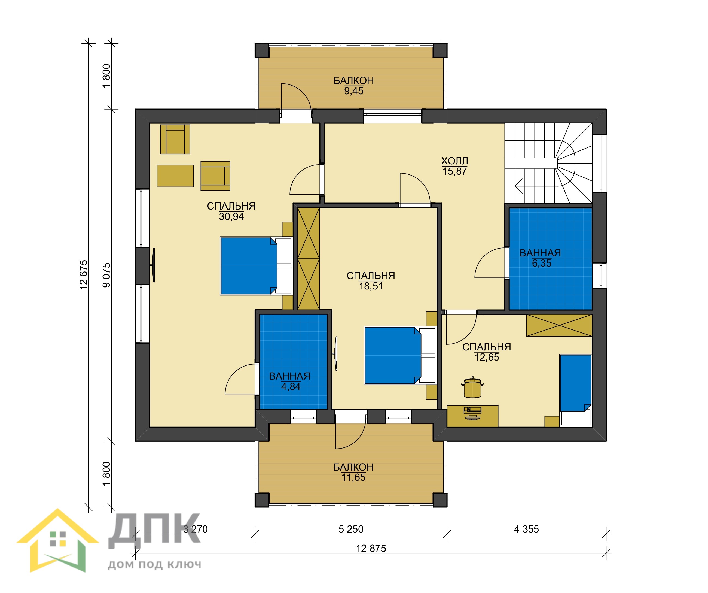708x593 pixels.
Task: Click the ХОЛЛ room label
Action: point(454,161)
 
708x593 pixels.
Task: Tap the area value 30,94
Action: point(231,217)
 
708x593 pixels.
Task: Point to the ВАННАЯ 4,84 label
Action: point(290,381)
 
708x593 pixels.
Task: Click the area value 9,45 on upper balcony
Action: point(354,91)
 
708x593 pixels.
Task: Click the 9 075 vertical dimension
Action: point(106,275)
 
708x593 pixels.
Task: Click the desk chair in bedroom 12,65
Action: point(473,387)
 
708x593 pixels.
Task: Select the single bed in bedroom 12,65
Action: point(575,390)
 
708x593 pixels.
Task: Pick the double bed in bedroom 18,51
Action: point(400,356)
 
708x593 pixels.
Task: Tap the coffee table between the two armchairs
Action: point(175,176)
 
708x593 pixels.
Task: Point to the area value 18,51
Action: point(371,286)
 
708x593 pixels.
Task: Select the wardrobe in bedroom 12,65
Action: point(559,325)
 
